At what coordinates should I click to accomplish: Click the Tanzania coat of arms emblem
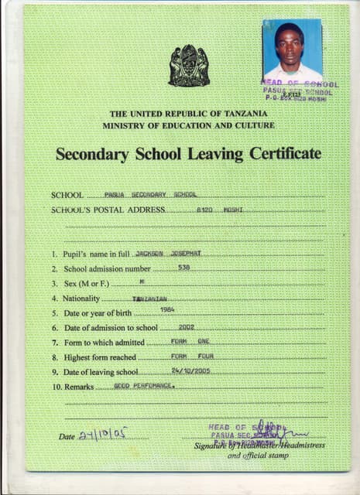click(x=188, y=65)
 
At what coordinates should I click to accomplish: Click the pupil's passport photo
click(x=291, y=49)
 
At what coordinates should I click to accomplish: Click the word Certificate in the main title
click(x=284, y=154)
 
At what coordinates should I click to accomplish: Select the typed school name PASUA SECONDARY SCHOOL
click(x=152, y=195)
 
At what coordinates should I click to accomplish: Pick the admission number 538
click(x=183, y=268)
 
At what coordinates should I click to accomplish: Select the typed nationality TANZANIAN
click(x=149, y=299)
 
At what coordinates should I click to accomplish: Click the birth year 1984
click(x=166, y=310)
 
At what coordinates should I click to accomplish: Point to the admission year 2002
click(x=186, y=327)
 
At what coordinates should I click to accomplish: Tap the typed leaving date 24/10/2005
click(x=190, y=370)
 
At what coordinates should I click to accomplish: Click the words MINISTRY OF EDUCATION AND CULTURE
click(x=188, y=125)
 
